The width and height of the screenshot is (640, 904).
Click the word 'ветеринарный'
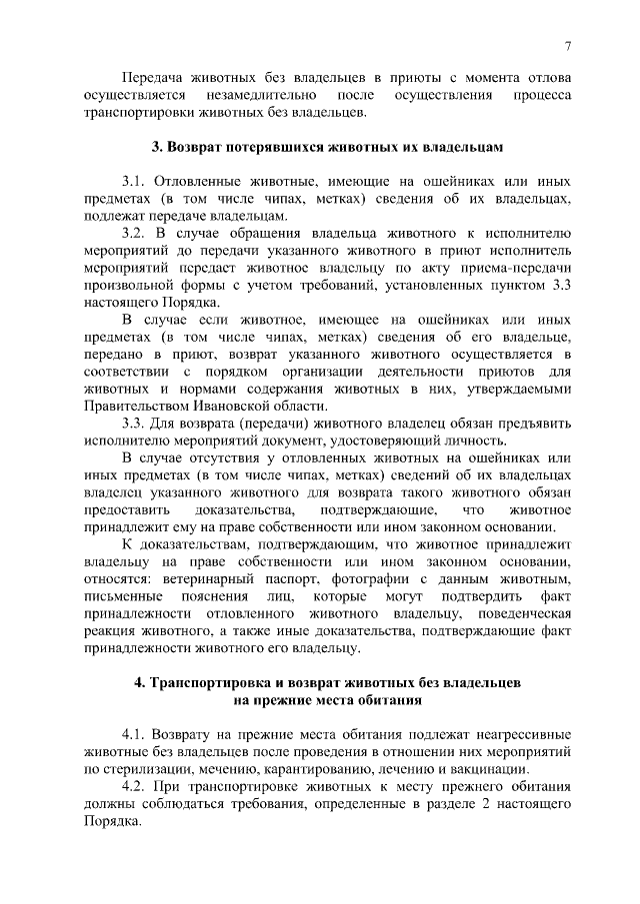[192, 579]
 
